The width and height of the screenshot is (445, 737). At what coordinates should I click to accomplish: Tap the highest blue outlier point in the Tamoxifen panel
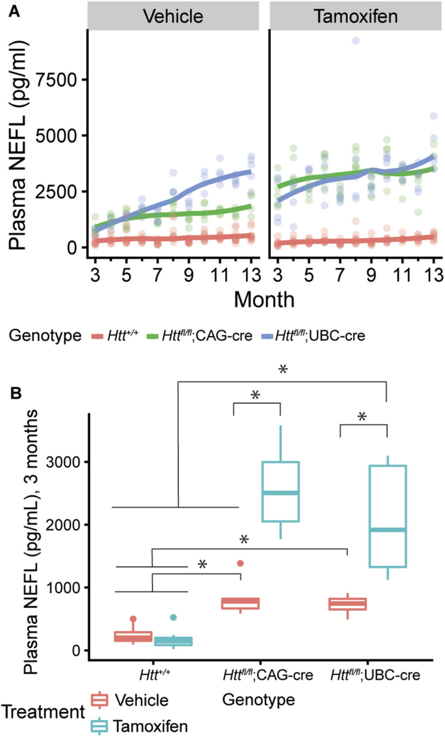coord(355,40)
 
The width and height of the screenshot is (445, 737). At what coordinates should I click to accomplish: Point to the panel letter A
coord(12,10)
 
